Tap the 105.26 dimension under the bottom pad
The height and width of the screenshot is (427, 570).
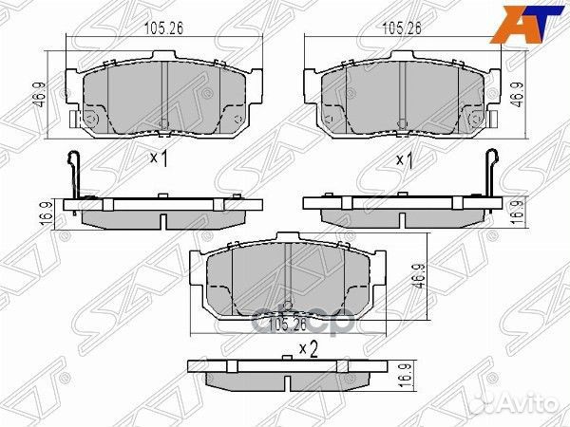click(x=289, y=326)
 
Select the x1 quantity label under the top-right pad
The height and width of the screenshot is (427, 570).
click(x=402, y=159)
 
